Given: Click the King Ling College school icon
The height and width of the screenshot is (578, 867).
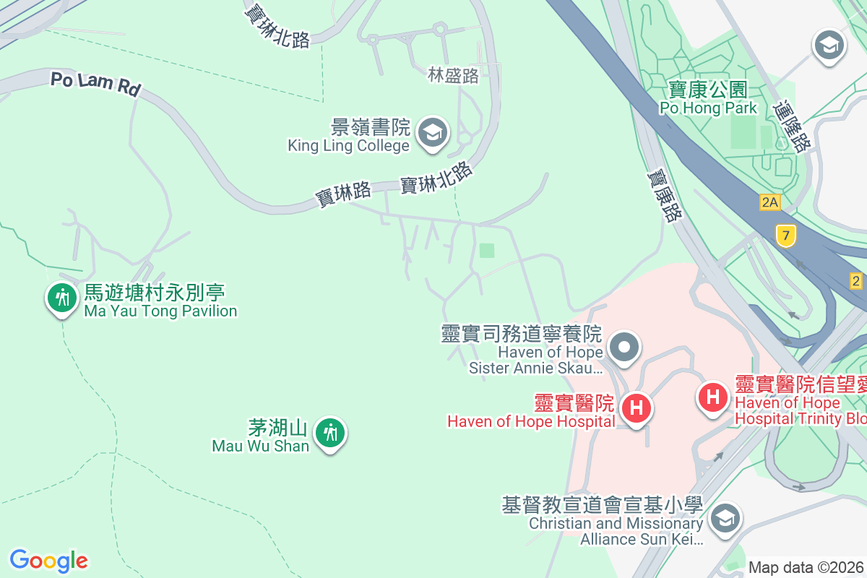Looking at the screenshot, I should (433, 133).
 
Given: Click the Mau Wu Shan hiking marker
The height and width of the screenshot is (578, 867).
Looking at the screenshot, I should (331, 433).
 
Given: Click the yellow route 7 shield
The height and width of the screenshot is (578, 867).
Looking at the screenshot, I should (785, 235).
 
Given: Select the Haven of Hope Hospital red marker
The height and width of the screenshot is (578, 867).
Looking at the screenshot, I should (637, 408).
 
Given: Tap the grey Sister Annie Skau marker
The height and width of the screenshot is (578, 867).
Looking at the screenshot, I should (625, 348).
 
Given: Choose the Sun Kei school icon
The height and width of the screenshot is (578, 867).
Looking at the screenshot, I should (723, 518).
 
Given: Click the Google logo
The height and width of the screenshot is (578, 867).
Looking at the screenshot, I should (48, 561).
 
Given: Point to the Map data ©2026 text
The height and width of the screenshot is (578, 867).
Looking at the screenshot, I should (806, 567).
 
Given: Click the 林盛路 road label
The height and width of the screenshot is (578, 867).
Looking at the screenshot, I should (454, 76).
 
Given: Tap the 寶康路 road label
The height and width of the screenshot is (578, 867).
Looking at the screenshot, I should (664, 195).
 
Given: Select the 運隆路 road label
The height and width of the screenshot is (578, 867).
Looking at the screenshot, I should (791, 126).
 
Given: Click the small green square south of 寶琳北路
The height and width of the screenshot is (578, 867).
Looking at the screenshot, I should (487, 251).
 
